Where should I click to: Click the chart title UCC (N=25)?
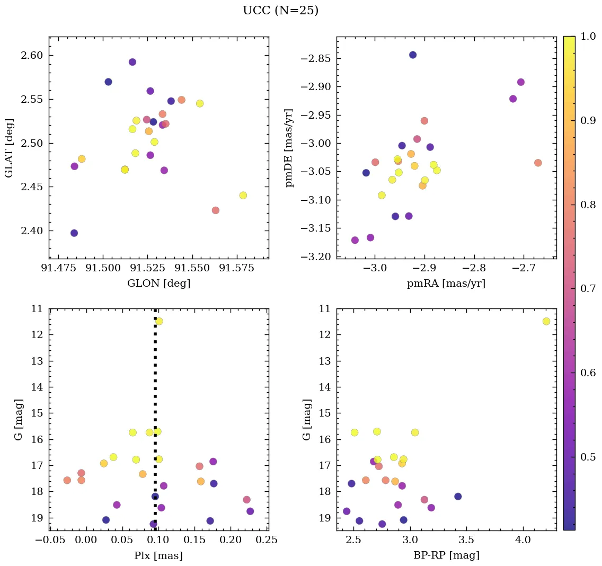tap(280, 11)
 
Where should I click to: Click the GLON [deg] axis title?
tap(158, 284)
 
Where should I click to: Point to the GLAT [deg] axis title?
tap(9, 148)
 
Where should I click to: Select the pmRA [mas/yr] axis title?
tap(446, 284)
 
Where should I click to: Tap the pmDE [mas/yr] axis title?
tap(289, 148)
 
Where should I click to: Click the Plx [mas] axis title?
tap(158, 555)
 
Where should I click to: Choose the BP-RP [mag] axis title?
tap(446, 555)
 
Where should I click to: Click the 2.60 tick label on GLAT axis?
tap(32, 56)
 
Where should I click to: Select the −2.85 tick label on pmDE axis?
tap(316, 58)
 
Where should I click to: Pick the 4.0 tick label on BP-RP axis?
tap(523, 541)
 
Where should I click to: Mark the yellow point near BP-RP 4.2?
tap(546, 321)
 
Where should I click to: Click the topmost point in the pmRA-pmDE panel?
tap(413, 55)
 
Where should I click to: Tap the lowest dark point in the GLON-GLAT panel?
tap(74, 233)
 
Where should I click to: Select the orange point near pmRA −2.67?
tap(538, 163)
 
